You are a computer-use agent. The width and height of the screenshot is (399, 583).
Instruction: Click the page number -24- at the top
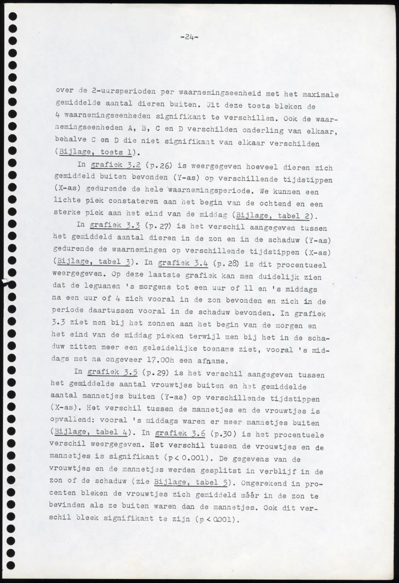click(189, 36)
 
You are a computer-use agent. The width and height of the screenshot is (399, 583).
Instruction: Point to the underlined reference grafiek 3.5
click(106, 373)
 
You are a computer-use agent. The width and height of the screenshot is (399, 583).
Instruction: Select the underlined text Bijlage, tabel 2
click(273, 215)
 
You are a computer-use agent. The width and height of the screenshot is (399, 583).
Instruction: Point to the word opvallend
click(74, 421)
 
